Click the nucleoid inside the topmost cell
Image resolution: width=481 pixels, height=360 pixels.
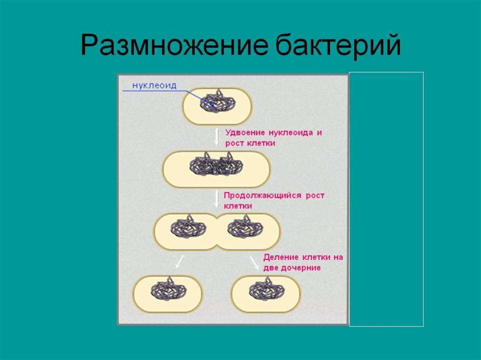pyautogui.click(x=217, y=100)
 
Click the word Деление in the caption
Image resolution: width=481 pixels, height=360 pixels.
pyautogui.click(x=279, y=257)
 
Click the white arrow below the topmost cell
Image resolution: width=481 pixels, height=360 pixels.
pyautogui.click(x=217, y=136)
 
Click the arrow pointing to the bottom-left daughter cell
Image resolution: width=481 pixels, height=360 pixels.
pyautogui.click(x=179, y=263)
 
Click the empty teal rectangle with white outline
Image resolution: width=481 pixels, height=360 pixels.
pyautogui.click(x=386, y=199)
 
